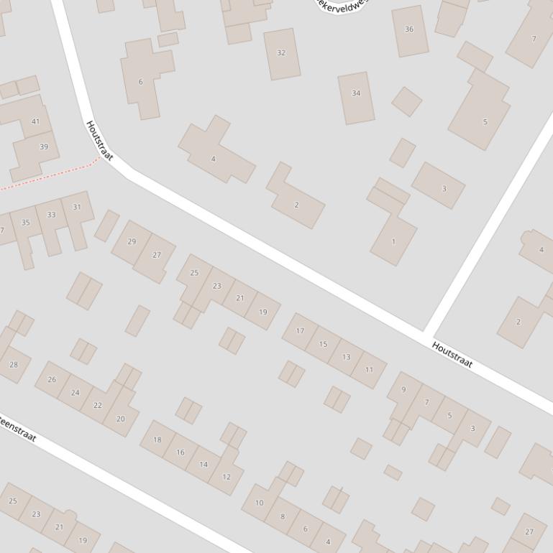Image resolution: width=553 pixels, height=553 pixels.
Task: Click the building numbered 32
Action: (x=281, y=53)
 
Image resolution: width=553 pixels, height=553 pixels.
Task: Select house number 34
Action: (x=356, y=94)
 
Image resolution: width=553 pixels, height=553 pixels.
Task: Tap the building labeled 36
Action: (x=409, y=29)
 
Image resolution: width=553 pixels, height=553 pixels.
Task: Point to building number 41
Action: (x=36, y=121)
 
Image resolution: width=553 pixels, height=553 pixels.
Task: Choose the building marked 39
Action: (x=43, y=147)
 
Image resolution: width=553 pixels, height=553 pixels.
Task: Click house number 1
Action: (x=393, y=241)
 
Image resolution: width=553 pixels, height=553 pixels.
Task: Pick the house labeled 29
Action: (x=132, y=241)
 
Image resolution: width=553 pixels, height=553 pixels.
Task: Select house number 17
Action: (x=300, y=331)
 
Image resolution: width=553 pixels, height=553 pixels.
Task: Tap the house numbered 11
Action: (x=369, y=370)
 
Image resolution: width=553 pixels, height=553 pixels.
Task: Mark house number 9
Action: (x=403, y=389)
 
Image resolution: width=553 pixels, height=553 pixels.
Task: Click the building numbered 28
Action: (x=14, y=365)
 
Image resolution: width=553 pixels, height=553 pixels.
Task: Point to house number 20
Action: (x=120, y=419)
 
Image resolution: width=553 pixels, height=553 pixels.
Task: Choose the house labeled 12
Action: (x=227, y=476)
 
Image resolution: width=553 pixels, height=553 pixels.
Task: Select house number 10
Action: (x=260, y=503)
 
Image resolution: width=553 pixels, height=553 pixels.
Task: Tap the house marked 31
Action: (x=77, y=207)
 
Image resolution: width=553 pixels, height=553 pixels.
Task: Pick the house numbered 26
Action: (x=52, y=379)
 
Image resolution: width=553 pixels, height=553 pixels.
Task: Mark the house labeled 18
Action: (x=157, y=440)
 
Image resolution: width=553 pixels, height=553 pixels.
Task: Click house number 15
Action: (x=323, y=344)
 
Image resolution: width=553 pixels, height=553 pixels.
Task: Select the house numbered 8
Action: (x=283, y=516)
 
